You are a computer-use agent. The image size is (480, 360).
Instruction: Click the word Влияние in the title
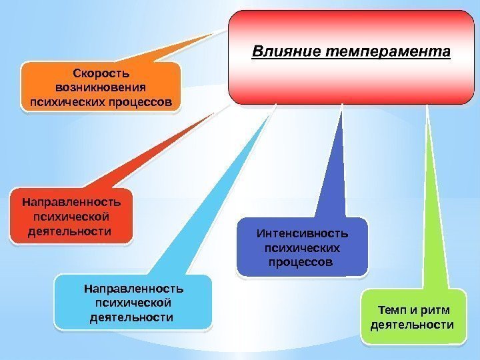click(x=279, y=51)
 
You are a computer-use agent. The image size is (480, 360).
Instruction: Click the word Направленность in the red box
click(x=71, y=201)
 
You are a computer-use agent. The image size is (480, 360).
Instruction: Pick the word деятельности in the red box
click(x=69, y=231)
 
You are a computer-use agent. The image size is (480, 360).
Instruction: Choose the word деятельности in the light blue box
click(x=131, y=317)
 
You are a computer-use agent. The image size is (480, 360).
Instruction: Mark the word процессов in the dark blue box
click(x=299, y=262)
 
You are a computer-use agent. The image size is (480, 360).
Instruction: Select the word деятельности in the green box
click(x=411, y=325)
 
